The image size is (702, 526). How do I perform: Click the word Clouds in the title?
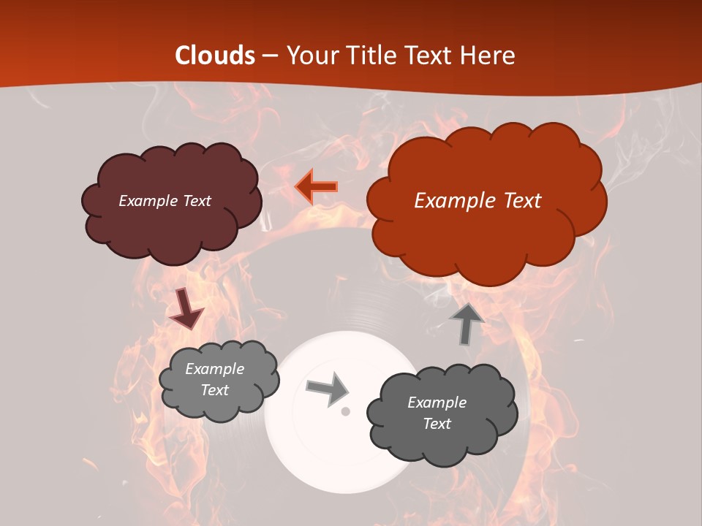coord(215,56)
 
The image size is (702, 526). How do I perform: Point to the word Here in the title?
coord(488,56)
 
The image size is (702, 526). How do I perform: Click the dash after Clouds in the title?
coord(270,56)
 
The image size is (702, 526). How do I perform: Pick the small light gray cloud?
coord(219,405)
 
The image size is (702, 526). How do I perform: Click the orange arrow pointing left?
coord(316,187)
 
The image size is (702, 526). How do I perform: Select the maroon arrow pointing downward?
coord(186,308)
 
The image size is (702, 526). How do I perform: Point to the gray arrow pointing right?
coord(327,388)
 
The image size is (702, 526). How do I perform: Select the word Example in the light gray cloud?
coord(214,369)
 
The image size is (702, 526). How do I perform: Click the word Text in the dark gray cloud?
coord(437,424)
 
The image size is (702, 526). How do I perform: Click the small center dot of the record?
coord(346,411)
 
